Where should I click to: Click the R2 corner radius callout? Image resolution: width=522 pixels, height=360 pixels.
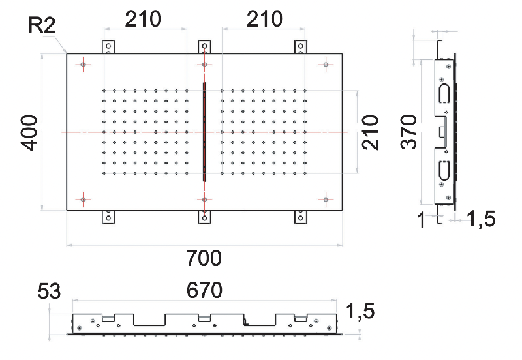point(42,25)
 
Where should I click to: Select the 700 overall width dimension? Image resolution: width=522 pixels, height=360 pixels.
point(204,258)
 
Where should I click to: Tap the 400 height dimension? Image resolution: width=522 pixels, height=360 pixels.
point(29,133)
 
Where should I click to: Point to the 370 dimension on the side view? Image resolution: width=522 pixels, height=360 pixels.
point(408,132)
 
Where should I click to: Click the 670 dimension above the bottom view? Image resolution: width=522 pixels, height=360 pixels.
point(204,290)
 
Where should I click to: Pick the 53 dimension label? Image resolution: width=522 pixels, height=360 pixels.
point(49,291)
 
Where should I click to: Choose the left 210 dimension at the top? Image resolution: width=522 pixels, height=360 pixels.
point(143,20)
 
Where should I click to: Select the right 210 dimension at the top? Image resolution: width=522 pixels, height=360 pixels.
point(264,20)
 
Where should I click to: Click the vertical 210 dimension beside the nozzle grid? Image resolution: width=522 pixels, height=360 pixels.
point(371,133)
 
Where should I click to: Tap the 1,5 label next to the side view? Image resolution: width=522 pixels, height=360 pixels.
point(481,219)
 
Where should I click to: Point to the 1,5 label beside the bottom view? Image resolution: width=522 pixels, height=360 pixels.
point(360,311)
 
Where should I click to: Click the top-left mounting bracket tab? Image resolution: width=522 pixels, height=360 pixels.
point(108,47)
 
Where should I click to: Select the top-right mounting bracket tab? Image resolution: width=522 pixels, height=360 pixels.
point(301,47)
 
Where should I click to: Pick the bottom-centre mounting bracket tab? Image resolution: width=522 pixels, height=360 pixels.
point(204,217)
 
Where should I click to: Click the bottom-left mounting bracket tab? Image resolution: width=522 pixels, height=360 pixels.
point(108,217)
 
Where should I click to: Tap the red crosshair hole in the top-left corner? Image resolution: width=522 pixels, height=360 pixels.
point(84,64)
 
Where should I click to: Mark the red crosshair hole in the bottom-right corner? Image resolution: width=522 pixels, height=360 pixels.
point(326,200)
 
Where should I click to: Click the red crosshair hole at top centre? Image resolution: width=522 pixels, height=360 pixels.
point(204,64)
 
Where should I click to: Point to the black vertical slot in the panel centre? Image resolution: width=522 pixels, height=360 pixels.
point(204,132)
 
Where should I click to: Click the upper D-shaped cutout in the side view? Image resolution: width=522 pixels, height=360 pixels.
point(444,94)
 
